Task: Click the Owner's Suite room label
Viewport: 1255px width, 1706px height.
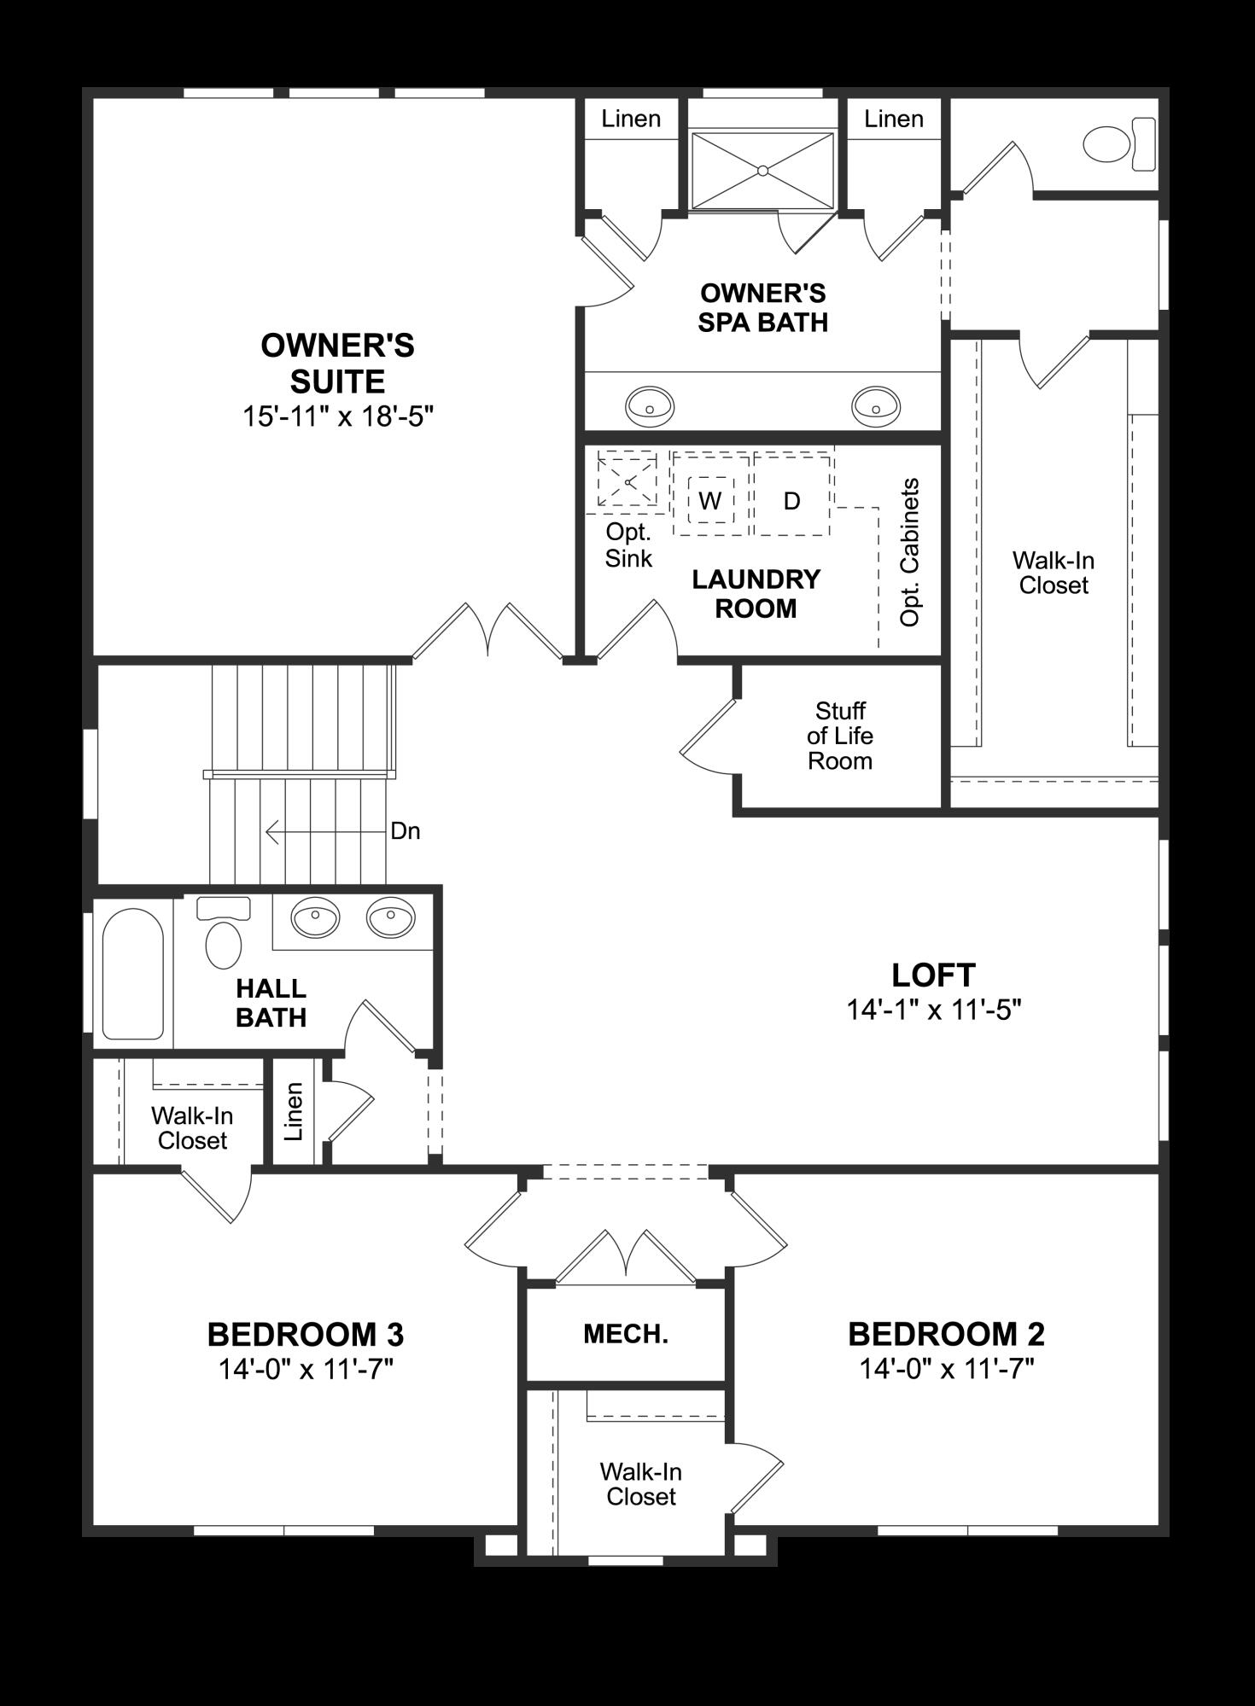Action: pyautogui.click(x=337, y=363)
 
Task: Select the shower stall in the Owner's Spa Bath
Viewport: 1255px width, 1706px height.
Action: pyautogui.click(x=762, y=171)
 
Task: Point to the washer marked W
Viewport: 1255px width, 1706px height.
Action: pyautogui.click(x=710, y=501)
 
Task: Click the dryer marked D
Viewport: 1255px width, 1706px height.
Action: pyautogui.click(x=791, y=501)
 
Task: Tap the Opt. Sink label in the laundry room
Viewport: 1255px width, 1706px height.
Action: pyautogui.click(x=628, y=545)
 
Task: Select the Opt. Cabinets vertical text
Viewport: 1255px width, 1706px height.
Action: pyautogui.click(x=910, y=552)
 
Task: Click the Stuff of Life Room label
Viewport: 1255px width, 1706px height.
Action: pyautogui.click(x=840, y=736)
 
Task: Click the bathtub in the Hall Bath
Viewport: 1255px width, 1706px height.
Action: pyautogui.click(x=132, y=973)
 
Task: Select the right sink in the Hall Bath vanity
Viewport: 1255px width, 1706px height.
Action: pyautogui.click(x=390, y=918)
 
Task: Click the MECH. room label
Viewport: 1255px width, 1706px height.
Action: pyautogui.click(x=626, y=1334)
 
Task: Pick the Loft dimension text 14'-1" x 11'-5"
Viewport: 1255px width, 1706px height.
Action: pyautogui.click(x=934, y=1010)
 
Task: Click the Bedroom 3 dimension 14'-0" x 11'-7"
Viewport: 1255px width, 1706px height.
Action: pyautogui.click(x=306, y=1370)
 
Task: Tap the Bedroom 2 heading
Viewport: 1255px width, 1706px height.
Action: pyautogui.click(x=946, y=1333)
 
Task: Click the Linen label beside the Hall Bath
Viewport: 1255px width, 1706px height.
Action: pyautogui.click(x=294, y=1111)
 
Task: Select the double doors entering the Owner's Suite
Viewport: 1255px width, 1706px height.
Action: pyautogui.click(x=487, y=632)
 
